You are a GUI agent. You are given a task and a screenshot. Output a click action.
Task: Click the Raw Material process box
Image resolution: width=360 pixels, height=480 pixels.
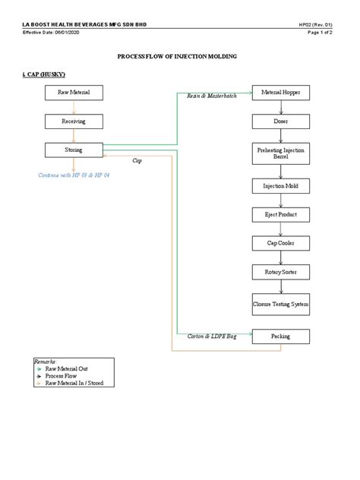(73, 92)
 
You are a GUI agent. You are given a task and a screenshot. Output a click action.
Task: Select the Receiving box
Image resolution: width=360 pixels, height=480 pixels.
(73, 121)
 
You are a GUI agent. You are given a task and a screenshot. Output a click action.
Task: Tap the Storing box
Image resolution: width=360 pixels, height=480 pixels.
(73, 150)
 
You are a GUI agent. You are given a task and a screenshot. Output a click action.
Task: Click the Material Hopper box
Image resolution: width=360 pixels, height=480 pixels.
(281, 92)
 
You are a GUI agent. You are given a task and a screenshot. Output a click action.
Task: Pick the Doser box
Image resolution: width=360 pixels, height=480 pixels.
(281, 121)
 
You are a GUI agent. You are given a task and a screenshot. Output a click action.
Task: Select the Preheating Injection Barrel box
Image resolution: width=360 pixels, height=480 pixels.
(281, 154)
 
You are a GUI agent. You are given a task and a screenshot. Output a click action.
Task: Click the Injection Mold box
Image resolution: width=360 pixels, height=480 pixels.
(281, 185)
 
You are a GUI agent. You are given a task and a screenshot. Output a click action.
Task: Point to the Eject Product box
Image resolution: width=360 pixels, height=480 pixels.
(281, 215)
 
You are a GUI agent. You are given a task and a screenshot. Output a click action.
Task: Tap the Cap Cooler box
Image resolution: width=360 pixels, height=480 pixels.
(281, 243)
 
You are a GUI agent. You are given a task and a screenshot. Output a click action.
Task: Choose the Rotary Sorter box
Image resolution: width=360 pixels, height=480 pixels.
(281, 271)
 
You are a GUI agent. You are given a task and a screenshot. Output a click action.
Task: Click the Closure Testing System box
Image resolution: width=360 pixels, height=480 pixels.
(281, 304)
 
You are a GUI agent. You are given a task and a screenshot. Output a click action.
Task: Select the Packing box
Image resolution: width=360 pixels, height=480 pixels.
(281, 336)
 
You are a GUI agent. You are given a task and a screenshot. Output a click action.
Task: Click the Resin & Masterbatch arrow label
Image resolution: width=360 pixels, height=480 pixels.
(212, 96)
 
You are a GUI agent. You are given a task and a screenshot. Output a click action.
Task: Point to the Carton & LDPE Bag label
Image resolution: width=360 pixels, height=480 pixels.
(212, 336)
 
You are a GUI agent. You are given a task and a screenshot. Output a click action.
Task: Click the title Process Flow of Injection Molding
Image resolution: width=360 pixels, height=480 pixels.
(179, 57)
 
